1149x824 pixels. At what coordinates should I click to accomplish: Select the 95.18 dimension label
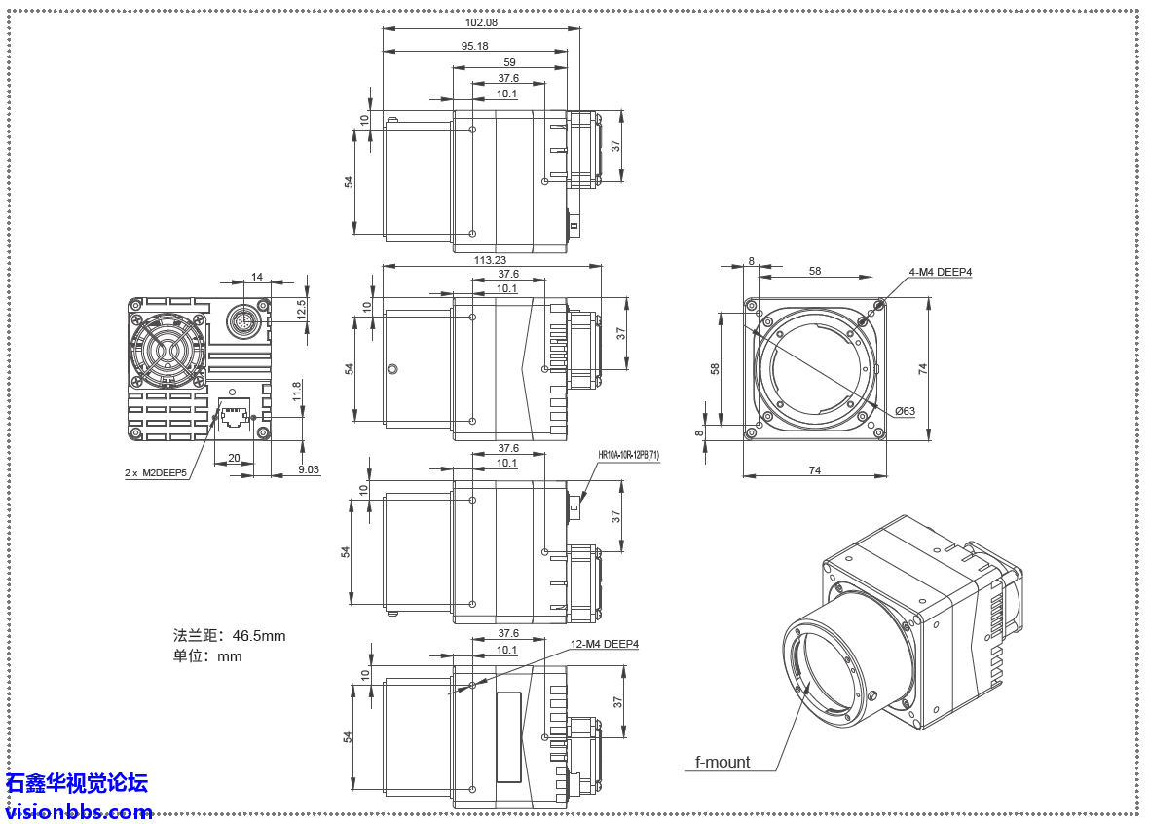(x=474, y=47)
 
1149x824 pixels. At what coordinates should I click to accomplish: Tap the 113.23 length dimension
(x=490, y=260)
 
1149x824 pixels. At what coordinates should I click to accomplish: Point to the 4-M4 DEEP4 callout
(x=940, y=273)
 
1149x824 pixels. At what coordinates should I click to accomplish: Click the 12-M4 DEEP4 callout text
(x=605, y=644)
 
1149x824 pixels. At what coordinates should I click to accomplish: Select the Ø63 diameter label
(x=905, y=411)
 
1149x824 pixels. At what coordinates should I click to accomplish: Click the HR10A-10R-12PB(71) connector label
(x=628, y=455)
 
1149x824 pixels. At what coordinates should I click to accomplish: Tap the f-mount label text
(x=723, y=762)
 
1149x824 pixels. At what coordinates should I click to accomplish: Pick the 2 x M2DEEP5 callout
(x=156, y=472)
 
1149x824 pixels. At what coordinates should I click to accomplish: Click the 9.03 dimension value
(x=308, y=469)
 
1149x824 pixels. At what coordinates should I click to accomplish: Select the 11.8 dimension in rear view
(x=296, y=392)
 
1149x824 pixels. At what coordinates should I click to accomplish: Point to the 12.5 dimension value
(x=301, y=308)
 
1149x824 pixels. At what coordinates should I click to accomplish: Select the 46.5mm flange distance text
(x=230, y=636)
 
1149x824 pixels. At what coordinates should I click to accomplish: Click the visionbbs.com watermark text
(x=78, y=811)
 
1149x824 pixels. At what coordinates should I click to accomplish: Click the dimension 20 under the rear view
(x=234, y=458)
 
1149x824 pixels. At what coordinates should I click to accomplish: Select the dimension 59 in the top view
(x=509, y=62)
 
